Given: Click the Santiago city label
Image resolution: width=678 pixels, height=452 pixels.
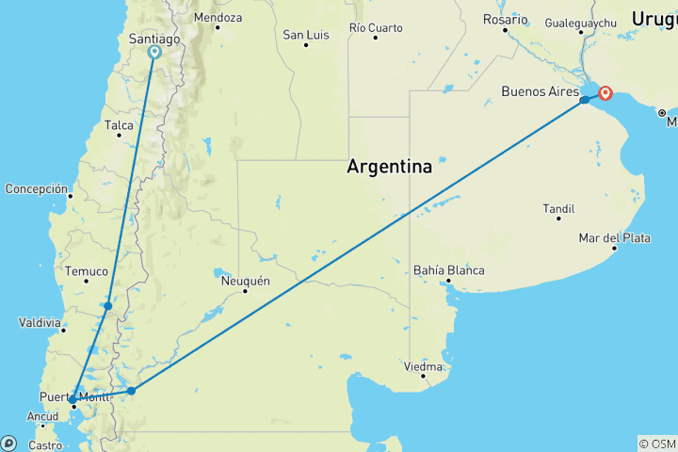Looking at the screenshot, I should tap(153, 40).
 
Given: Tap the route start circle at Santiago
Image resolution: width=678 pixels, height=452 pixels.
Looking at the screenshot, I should tap(154, 53).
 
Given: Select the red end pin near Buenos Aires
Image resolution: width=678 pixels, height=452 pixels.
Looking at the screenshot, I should tap(605, 93).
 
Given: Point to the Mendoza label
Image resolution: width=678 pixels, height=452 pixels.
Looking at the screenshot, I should tap(218, 18).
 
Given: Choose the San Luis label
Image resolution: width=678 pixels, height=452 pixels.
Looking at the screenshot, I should tap(306, 35).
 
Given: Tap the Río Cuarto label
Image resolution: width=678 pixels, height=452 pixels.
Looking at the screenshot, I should tap(376, 27).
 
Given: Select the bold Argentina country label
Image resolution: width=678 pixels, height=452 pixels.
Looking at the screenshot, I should tap(390, 167).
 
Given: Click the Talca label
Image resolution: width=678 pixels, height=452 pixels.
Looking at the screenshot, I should tap(120, 124).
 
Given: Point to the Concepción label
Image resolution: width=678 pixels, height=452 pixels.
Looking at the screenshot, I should tap(37, 188).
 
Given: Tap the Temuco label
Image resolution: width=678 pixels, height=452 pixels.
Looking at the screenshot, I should tap(87, 271).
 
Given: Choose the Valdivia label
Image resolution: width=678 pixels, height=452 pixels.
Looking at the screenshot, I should tap(41, 322).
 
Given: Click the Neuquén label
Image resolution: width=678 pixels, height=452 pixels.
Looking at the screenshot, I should tap(245, 281).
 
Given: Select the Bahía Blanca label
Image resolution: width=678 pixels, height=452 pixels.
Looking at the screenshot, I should tap(449, 270).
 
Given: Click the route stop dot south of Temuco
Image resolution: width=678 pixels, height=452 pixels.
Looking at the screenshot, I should tap(108, 306).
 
